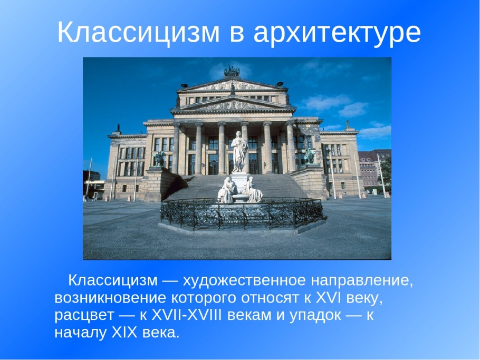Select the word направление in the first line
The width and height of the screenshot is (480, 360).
pyautogui.click(x=360, y=279)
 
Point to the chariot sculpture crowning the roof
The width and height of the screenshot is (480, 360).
pyautogui.click(x=232, y=72)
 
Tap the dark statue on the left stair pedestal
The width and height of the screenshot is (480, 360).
pyautogui.click(x=159, y=159)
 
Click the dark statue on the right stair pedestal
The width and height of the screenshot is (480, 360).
pyautogui.click(x=310, y=156)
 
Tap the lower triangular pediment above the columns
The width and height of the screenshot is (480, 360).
pyautogui.click(x=233, y=102)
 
